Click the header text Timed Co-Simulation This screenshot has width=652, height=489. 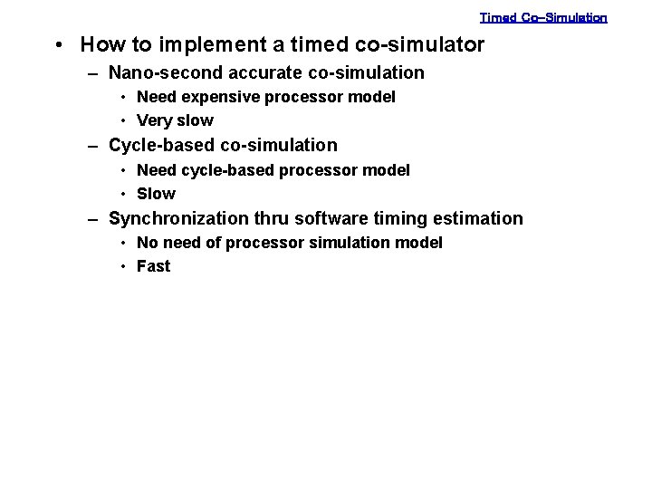point(543,17)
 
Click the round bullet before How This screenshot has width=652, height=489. point(57,45)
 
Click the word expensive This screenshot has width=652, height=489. point(223,97)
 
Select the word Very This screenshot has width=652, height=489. point(154,120)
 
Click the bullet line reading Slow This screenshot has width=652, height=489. point(156,194)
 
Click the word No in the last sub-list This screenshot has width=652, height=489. point(147,243)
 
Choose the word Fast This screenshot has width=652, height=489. point(153,266)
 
